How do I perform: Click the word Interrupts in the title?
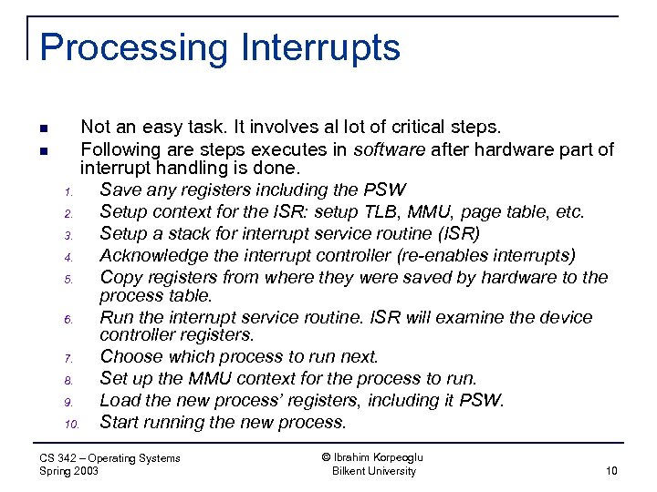tap(315, 47)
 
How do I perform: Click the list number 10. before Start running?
tap(73, 424)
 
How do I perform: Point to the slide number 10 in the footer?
tap(610, 471)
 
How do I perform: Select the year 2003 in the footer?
tap(85, 471)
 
